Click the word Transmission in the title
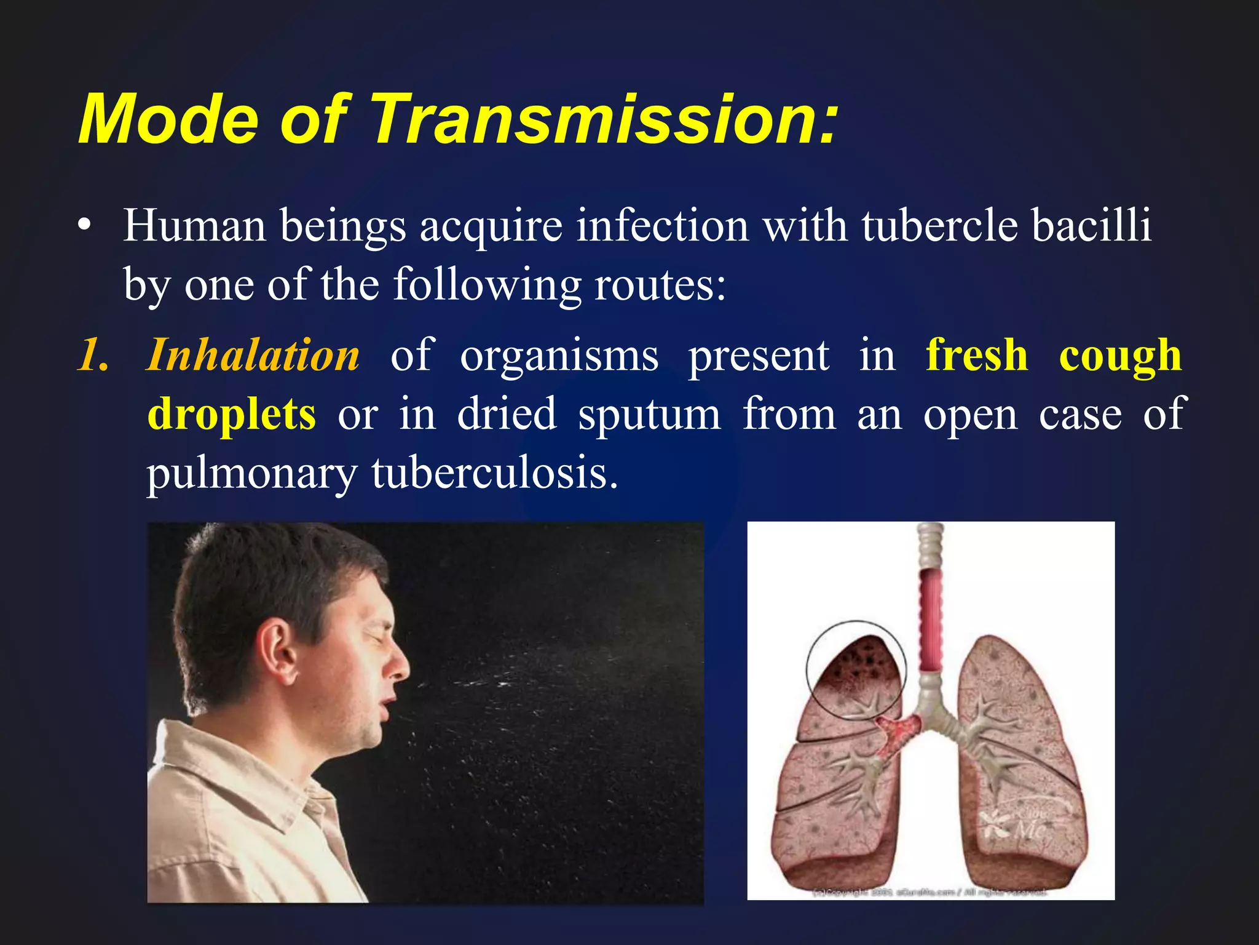602,120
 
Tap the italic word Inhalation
253,356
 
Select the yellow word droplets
232,414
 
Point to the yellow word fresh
977,356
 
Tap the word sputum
649,414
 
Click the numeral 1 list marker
92,356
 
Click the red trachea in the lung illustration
930,621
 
